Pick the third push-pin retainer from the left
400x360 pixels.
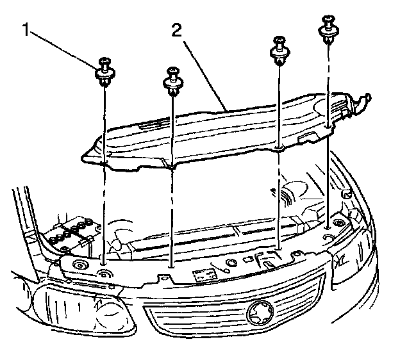[280, 49]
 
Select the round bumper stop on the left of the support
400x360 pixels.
[81, 266]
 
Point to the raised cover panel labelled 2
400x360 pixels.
[212, 135]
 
